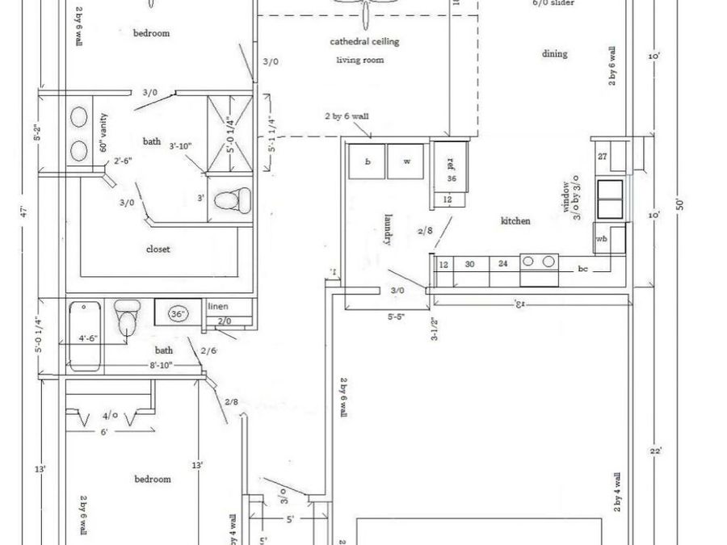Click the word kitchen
[x=515, y=220]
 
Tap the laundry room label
[x=389, y=228]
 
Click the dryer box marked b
[x=368, y=161]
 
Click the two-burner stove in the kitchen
[x=540, y=262]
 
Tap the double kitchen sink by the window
[x=609, y=199]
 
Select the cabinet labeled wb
[x=602, y=240]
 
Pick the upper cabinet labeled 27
[x=602, y=156]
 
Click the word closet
[x=158, y=249]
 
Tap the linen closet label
[x=218, y=308]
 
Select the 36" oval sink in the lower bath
[x=177, y=313]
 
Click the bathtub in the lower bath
[x=85, y=335]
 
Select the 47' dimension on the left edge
[x=26, y=212]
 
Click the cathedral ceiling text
[x=364, y=41]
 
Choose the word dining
[x=554, y=54]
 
